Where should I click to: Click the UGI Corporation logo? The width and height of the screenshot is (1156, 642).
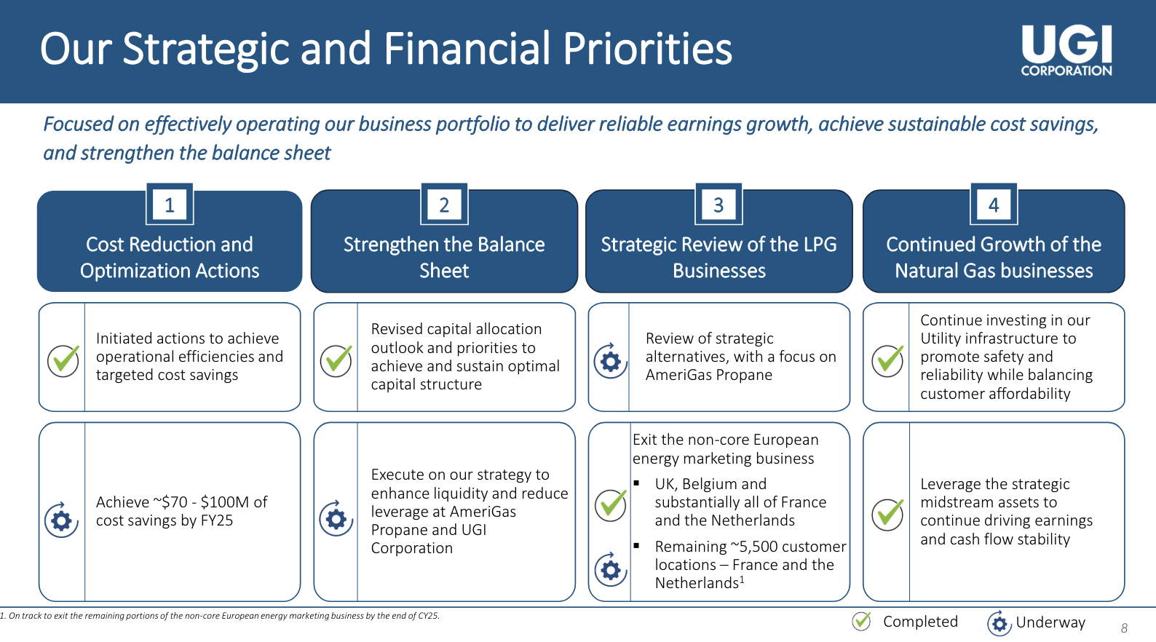(1066, 50)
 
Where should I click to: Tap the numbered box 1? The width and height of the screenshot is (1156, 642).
(170, 205)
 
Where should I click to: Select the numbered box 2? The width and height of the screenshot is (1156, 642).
(444, 205)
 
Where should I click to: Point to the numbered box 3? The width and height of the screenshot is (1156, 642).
(719, 205)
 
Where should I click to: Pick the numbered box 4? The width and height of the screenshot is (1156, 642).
(994, 205)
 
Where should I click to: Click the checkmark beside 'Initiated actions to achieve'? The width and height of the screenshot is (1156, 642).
(63, 360)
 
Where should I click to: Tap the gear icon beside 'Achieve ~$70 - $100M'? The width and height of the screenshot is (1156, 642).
(61, 520)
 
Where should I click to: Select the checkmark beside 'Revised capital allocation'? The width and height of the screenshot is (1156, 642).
(336, 360)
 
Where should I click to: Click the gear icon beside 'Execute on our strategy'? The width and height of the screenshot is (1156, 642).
(336, 518)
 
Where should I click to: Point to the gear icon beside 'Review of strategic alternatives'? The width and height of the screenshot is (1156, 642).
(611, 361)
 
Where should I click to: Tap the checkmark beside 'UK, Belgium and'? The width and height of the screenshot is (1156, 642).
(611, 504)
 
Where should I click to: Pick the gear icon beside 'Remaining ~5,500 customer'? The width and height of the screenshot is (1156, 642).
(611, 570)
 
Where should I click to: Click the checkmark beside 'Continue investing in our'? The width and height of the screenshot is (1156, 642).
(887, 360)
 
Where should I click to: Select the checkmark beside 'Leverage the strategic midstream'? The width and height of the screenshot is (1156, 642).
(887, 514)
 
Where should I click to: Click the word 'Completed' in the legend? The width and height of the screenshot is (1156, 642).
(920, 622)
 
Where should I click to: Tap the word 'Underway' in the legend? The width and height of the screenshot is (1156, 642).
(1050, 622)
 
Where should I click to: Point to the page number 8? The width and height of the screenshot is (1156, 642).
(1124, 628)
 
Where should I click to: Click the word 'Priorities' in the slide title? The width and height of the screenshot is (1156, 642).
(647, 49)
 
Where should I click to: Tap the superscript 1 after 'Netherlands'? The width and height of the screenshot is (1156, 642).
(742, 579)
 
